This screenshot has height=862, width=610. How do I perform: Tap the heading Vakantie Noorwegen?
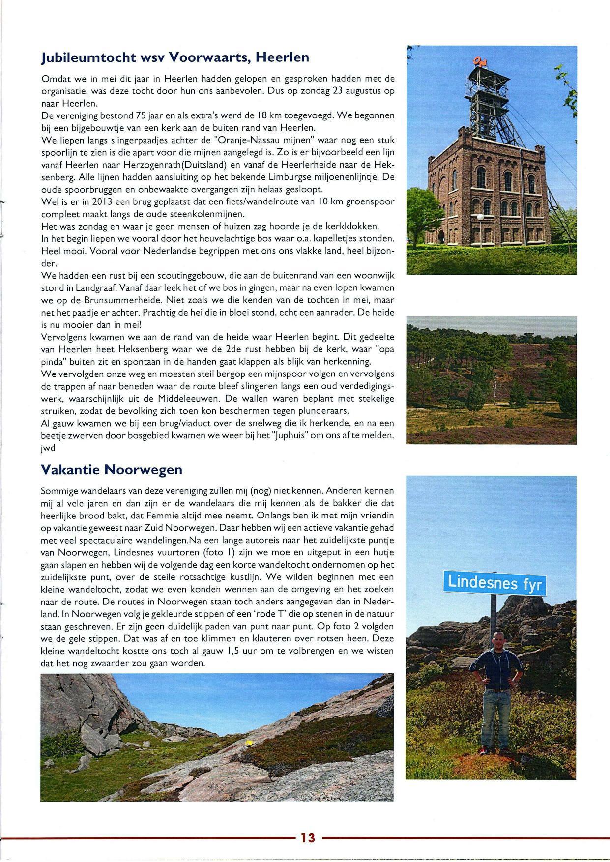[x=112, y=470]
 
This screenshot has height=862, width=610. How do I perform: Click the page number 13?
[x=308, y=837]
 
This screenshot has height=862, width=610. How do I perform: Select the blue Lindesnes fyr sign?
[x=494, y=583]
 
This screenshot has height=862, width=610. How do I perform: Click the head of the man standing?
[x=498, y=639]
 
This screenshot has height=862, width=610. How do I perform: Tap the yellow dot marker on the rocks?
[x=249, y=742]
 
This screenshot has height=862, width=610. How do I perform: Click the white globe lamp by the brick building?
[x=480, y=217]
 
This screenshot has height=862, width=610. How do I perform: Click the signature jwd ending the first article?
[x=48, y=448]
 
